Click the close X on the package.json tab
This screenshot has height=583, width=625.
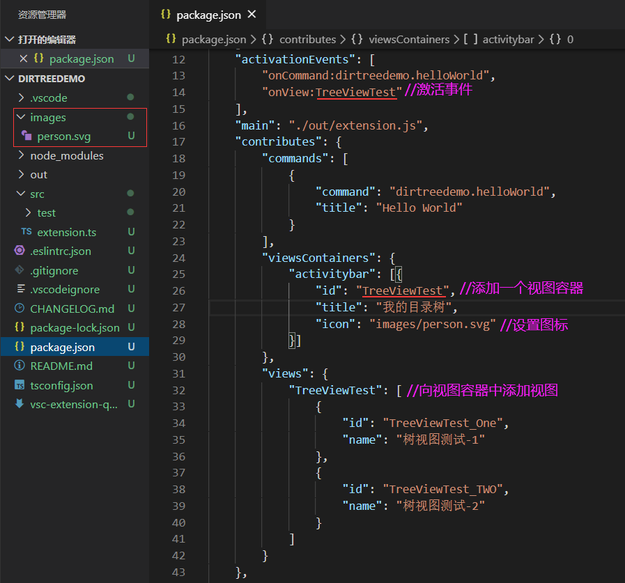[252, 15]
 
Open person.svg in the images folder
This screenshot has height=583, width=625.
[63, 137]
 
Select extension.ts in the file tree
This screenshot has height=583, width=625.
[66, 232]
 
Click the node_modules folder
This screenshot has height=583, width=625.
[66, 156]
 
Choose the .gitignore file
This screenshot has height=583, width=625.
[54, 270]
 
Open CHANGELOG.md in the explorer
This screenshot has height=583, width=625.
[72, 309]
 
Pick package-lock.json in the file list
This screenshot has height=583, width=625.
[75, 327]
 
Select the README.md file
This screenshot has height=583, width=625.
[61, 366]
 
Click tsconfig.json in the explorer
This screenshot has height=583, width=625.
[61, 385]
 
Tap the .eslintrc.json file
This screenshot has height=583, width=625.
[60, 251]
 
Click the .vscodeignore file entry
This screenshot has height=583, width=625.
[64, 289]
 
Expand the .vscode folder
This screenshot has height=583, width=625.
[48, 98]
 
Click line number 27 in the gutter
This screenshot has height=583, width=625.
[178, 307]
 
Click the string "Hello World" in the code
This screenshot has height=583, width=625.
[419, 208]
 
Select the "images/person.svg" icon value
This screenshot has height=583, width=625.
[433, 324]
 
